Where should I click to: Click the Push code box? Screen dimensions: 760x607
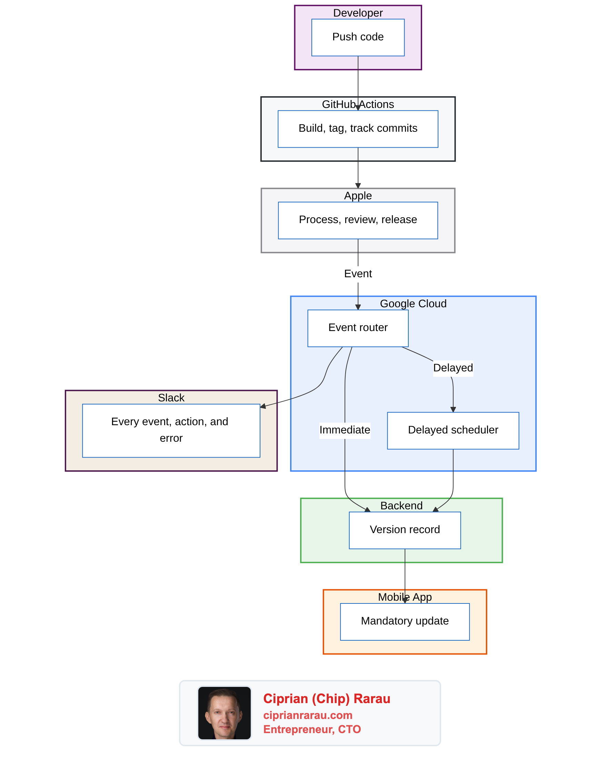[x=358, y=37]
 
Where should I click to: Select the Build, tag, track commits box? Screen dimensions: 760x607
[x=358, y=129]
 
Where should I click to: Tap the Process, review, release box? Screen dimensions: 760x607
[x=358, y=220]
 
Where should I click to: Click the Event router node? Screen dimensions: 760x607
[x=358, y=328]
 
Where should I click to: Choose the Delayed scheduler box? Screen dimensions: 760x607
[x=453, y=430]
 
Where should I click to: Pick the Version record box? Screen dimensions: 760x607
[x=405, y=530]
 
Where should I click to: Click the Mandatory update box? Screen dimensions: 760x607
[x=405, y=621]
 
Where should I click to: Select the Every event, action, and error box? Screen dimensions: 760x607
[x=171, y=430]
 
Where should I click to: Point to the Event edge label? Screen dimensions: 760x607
[x=358, y=274]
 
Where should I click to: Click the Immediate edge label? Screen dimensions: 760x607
[x=345, y=430]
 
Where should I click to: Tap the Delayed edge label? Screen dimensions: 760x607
[x=453, y=368]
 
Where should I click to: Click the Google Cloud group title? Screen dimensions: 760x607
[x=413, y=304]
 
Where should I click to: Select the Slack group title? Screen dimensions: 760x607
[x=171, y=398]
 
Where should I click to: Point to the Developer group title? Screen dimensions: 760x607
[x=358, y=13]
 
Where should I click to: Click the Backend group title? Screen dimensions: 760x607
[x=401, y=506]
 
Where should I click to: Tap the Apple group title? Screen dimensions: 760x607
[x=358, y=196]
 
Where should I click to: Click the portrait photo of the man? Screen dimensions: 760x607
[x=224, y=713]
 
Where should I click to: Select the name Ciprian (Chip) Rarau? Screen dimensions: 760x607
[x=326, y=699]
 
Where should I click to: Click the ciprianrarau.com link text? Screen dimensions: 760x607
[x=307, y=715]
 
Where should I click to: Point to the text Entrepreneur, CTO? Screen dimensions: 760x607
[x=312, y=729]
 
